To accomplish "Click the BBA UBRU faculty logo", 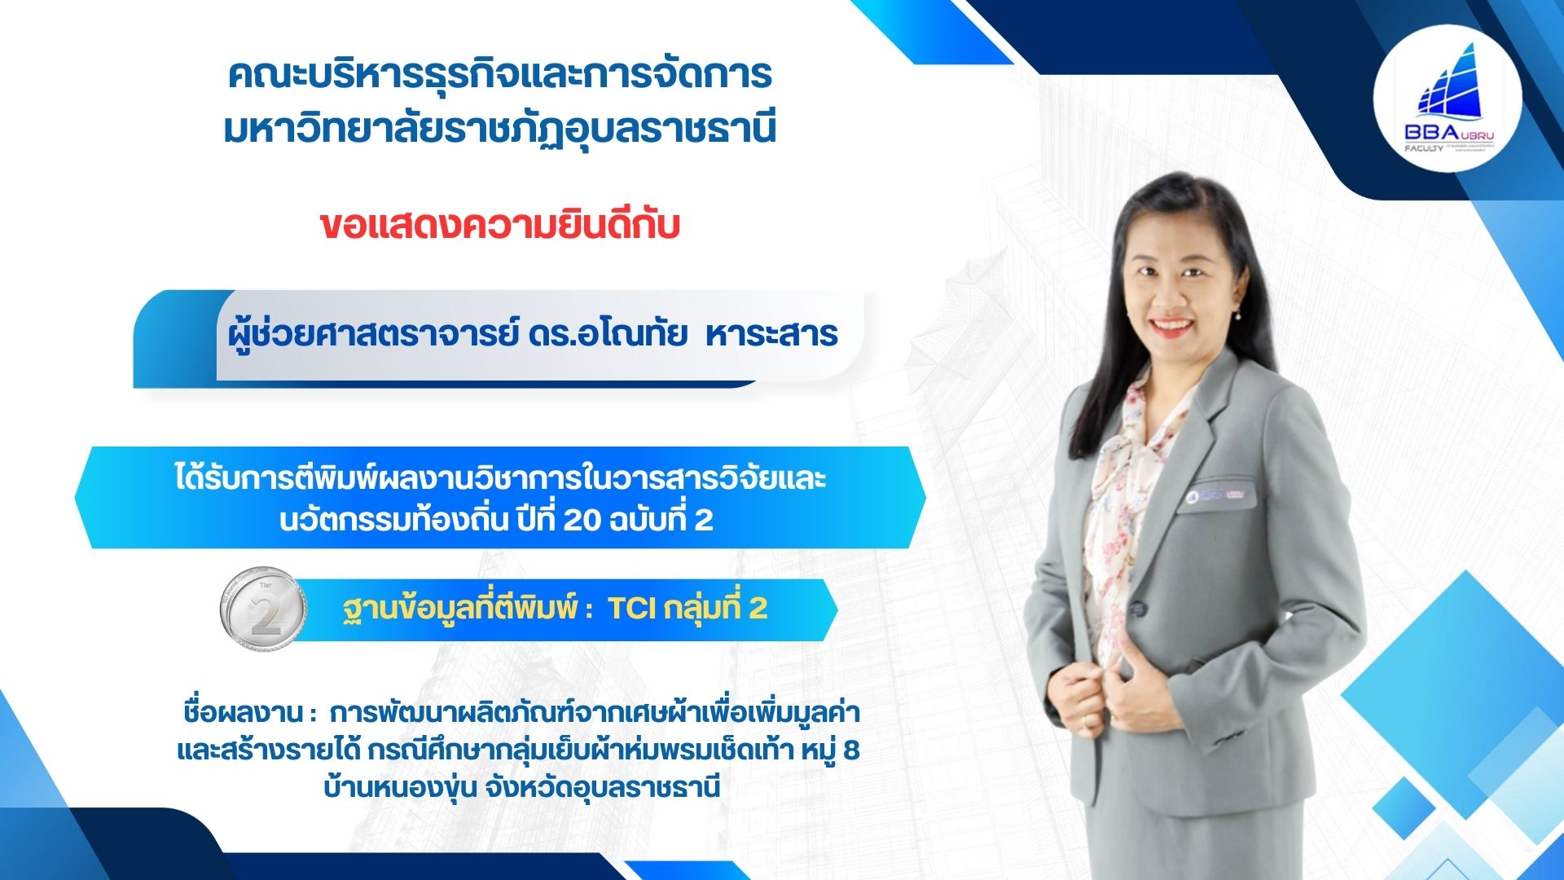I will pos(1447,106).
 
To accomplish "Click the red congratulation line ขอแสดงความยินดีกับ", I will pos(499,226).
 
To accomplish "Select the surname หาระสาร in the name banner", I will pos(771,334).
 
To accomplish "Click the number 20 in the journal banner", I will pos(582,519).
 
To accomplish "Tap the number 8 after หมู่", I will pos(851,750).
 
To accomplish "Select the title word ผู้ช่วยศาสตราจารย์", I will pos(373,334).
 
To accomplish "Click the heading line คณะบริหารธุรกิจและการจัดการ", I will pos(499,75).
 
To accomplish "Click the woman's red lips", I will pos(1172,328).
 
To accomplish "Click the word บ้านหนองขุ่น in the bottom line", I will pos(399,788).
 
